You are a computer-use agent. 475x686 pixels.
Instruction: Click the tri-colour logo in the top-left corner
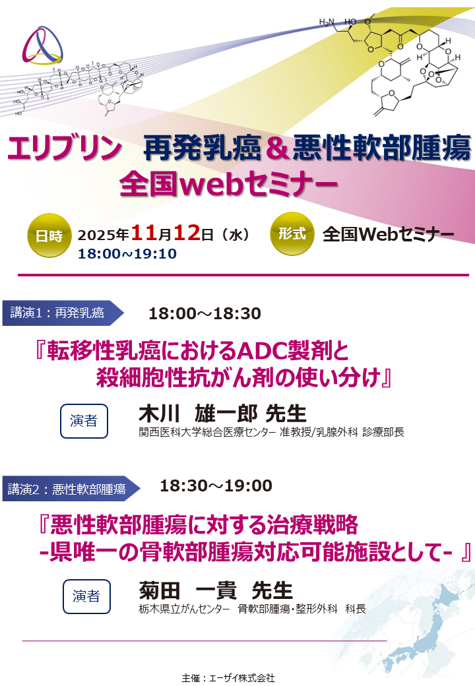coord(44,46)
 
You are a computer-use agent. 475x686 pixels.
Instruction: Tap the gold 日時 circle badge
coord(49,235)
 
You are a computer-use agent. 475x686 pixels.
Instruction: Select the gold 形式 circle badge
coord(292,234)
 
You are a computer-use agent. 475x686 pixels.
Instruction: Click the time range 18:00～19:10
coord(127,254)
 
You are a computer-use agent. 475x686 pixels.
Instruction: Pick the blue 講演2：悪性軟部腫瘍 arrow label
coord(69,489)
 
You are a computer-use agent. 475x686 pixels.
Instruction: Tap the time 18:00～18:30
coord(205,313)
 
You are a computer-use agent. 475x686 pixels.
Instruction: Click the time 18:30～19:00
coord(216,486)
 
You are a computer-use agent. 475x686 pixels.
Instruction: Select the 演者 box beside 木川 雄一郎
coord(84,421)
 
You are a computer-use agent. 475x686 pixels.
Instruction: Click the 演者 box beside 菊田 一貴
coord(86,596)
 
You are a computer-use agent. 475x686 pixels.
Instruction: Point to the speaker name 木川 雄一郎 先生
coord(222,414)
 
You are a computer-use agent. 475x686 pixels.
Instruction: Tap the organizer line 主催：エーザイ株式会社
coord(228,677)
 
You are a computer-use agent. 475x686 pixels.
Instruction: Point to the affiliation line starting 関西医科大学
coord(271,433)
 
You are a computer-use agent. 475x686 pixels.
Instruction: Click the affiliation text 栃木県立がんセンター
coord(184,609)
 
